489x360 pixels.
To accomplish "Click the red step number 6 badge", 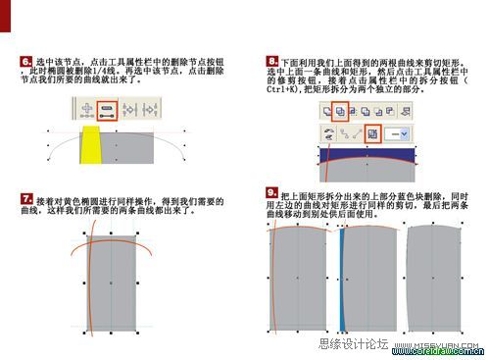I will pos(25,62).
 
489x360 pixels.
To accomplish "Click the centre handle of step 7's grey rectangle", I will pos(114,283).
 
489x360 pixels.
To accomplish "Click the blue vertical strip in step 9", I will pos(343,280).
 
